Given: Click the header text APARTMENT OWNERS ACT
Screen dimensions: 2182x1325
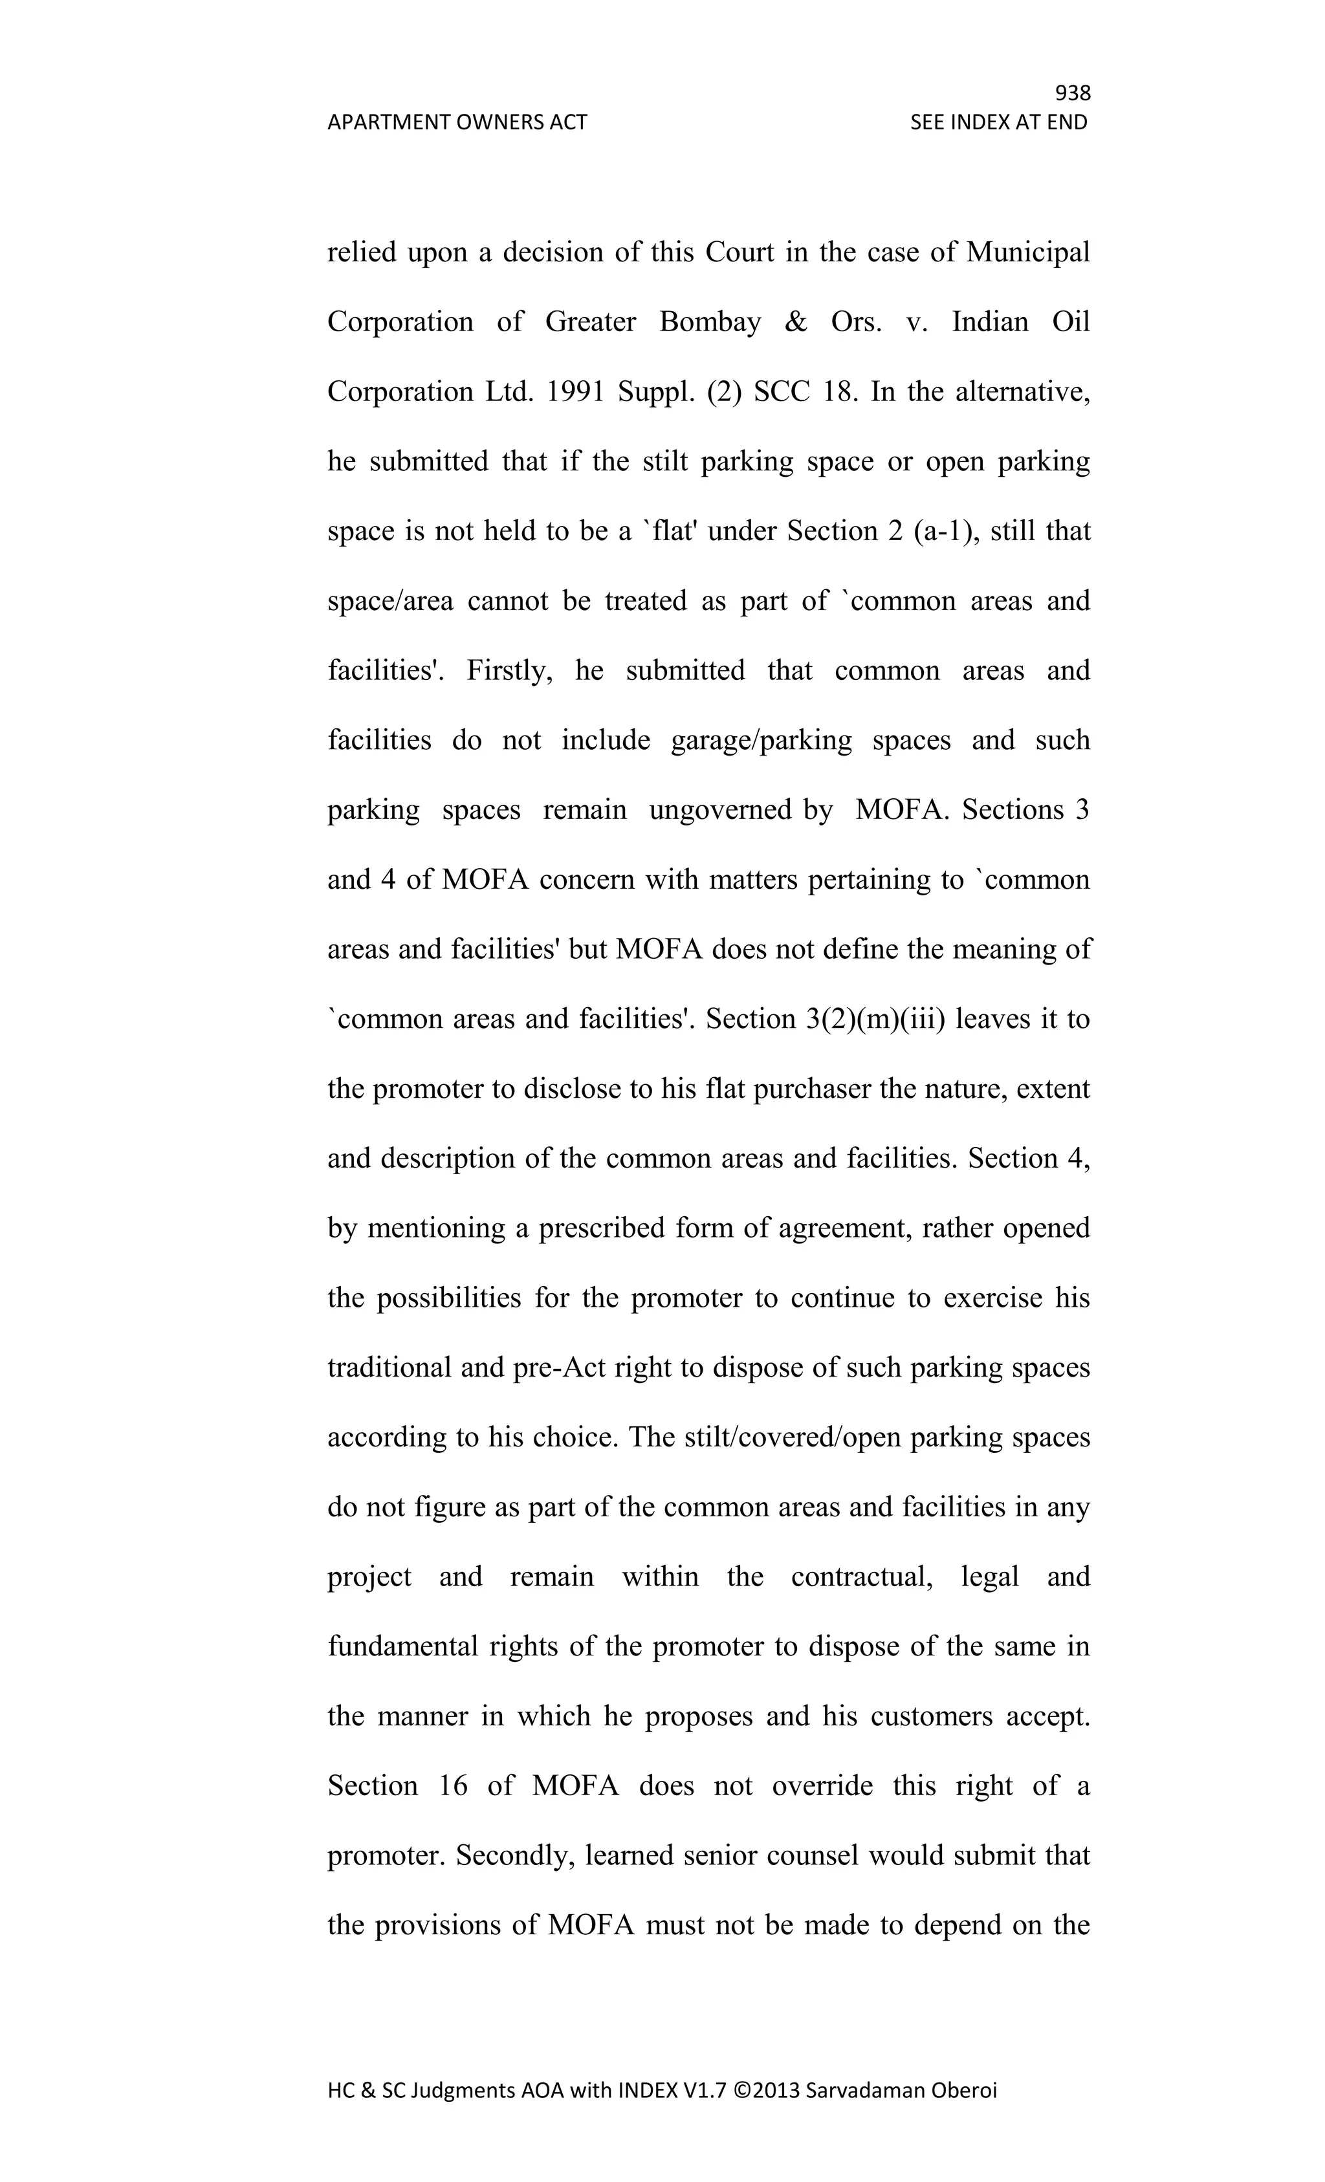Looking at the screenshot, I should (457, 122).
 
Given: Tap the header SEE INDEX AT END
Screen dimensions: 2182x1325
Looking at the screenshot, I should (998, 122).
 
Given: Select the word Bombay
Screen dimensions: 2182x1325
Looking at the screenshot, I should (710, 322).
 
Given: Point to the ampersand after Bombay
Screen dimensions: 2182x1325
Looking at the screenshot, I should (795, 322).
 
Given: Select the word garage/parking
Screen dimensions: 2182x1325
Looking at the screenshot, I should (761, 740).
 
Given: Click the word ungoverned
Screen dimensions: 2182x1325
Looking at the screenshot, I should (720, 811).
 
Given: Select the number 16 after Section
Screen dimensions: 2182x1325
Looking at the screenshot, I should (452, 1786).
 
